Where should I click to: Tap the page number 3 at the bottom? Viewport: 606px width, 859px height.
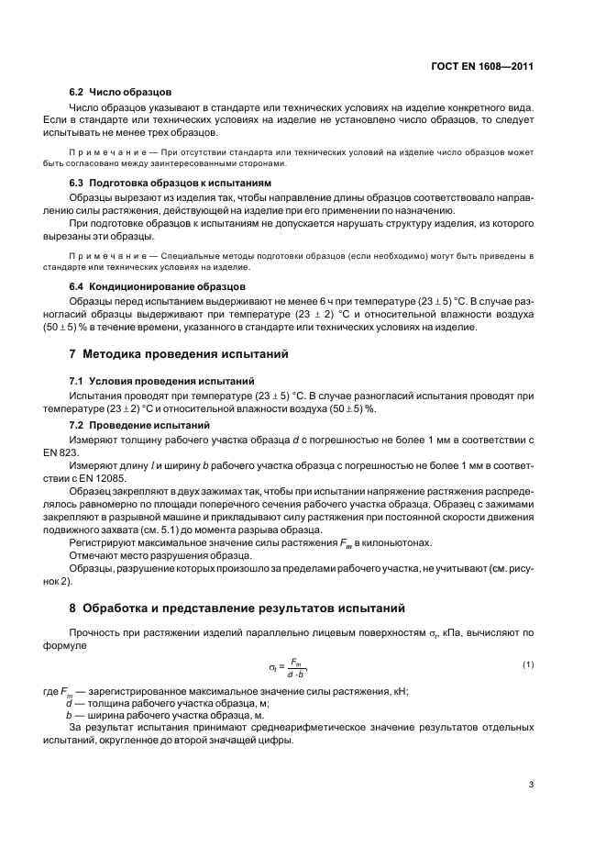tap(532, 784)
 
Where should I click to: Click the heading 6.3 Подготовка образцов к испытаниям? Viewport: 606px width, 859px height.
tap(171, 183)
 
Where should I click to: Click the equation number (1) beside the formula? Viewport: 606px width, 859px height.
tap(527, 664)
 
